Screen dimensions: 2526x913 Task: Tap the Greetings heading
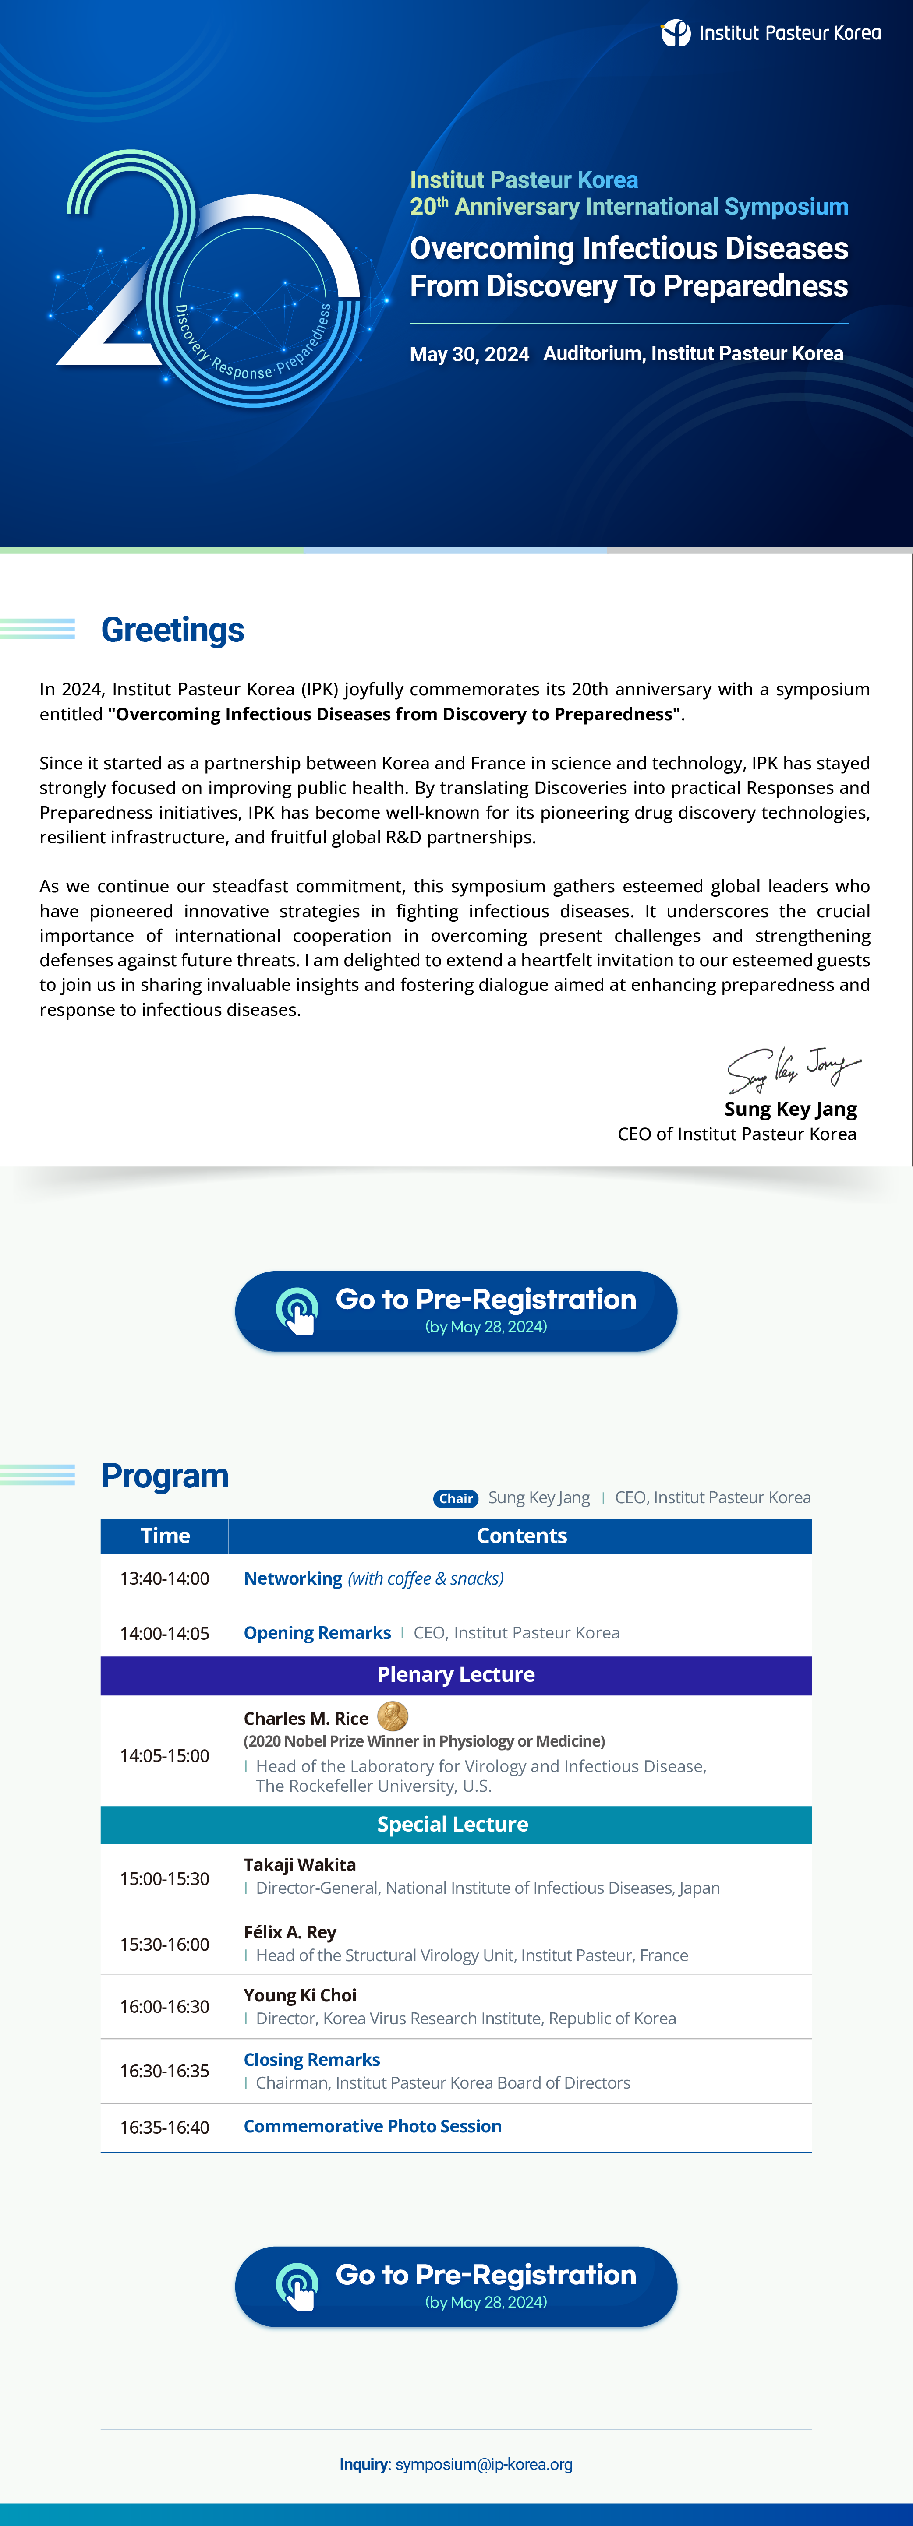tap(173, 630)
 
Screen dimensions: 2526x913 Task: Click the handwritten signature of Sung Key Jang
tap(793, 1068)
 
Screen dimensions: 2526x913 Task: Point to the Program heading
tap(165, 1476)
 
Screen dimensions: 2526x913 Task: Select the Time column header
tap(165, 1536)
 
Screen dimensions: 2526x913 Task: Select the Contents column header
tap(522, 1536)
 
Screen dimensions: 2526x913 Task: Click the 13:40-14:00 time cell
tap(165, 1579)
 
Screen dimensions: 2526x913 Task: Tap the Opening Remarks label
tap(317, 1633)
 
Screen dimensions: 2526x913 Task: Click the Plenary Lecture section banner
tap(456, 1675)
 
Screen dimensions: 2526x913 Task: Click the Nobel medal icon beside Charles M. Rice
tap(392, 1716)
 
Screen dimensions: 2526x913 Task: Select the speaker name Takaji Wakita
tap(299, 1865)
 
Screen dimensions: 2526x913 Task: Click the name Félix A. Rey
tap(289, 1932)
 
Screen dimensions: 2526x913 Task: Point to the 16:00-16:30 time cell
tap(165, 2006)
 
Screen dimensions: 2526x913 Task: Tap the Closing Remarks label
tap(312, 2060)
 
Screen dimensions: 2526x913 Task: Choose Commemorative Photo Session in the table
tap(373, 2126)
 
